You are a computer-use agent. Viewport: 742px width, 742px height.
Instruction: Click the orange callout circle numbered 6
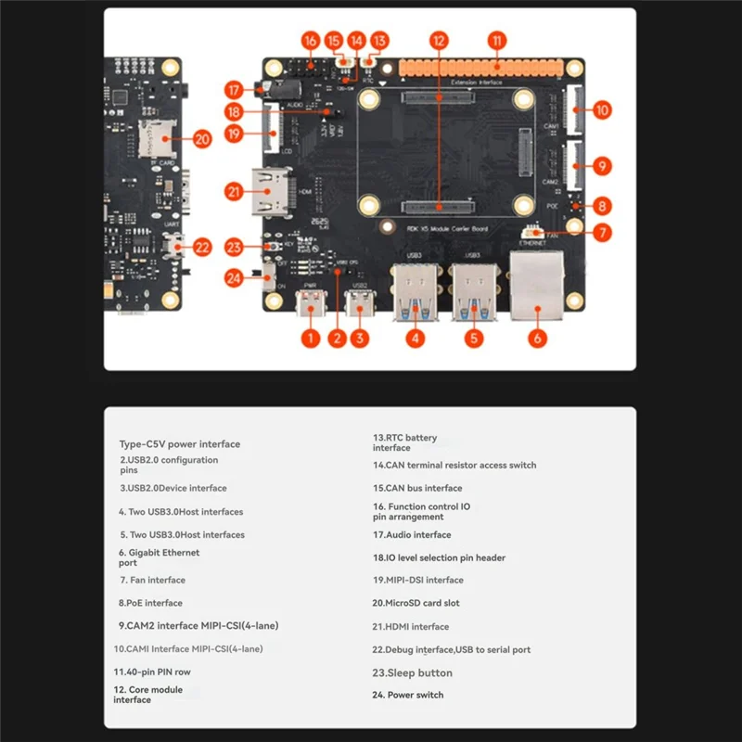[x=537, y=339]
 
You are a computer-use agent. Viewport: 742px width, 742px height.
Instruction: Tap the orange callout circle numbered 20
[x=203, y=138]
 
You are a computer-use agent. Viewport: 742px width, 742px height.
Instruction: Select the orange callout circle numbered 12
[x=439, y=41]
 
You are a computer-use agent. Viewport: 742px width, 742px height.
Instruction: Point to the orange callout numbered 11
[x=498, y=41]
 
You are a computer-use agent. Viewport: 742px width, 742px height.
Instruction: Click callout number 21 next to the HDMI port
[x=234, y=192]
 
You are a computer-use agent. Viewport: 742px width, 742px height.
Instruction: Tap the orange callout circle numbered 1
[x=311, y=339]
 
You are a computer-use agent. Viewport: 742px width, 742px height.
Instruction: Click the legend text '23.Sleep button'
[x=412, y=673]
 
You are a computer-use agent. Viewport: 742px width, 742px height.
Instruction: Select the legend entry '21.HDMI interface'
[x=410, y=627]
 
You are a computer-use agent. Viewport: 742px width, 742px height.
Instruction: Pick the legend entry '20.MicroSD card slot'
[x=416, y=604]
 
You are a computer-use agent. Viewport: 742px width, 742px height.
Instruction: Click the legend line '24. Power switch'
[x=407, y=696]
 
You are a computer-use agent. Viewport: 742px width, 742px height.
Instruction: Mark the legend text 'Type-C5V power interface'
[x=179, y=444]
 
